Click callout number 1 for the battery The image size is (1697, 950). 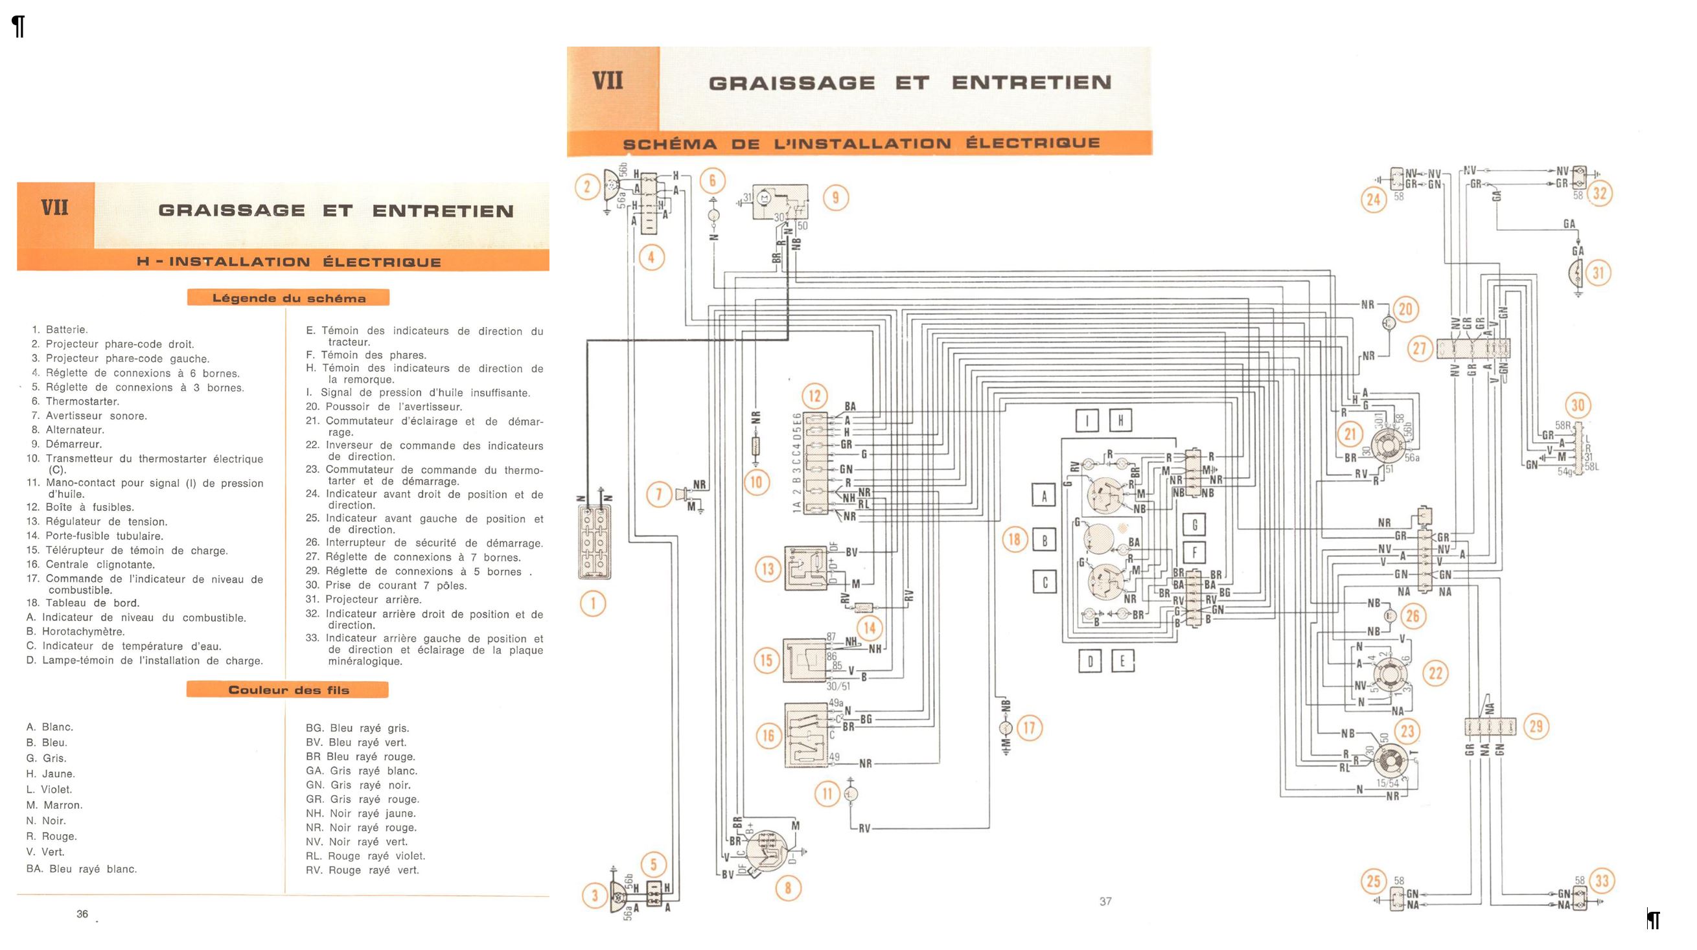(593, 604)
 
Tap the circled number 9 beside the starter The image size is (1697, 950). (835, 198)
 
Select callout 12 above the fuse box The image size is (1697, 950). (815, 396)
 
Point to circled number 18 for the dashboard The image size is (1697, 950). (1015, 540)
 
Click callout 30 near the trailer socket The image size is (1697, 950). (1578, 405)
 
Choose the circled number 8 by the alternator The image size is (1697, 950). (787, 888)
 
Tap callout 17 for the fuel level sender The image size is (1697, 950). (1029, 727)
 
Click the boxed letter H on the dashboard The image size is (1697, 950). (1120, 420)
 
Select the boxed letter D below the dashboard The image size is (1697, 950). (1090, 661)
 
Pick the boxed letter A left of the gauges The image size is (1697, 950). (1043, 496)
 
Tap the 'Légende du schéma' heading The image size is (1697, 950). (288, 299)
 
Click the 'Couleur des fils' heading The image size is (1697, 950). (288, 690)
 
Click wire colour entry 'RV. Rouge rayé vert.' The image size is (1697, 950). (362, 870)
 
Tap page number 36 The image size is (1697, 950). (82, 914)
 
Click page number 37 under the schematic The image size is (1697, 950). (1105, 901)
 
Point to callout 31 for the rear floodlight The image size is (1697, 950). (1598, 273)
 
